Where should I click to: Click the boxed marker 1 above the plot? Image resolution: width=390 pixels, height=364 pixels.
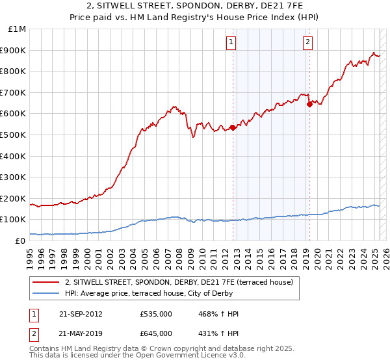pos(231,43)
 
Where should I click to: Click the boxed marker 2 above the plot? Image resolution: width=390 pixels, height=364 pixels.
pos(307,43)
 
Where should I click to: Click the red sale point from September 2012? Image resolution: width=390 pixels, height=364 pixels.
pos(233,127)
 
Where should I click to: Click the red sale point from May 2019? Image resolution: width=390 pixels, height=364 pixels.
pos(309,104)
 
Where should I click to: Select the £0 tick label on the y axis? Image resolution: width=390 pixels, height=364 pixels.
pos(20,240)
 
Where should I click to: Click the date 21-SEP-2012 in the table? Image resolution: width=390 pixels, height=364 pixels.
pos(81,314)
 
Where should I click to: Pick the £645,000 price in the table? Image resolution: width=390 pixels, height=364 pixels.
pos(155,333)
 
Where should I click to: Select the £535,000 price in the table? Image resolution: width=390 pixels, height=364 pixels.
pos(155,314)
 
